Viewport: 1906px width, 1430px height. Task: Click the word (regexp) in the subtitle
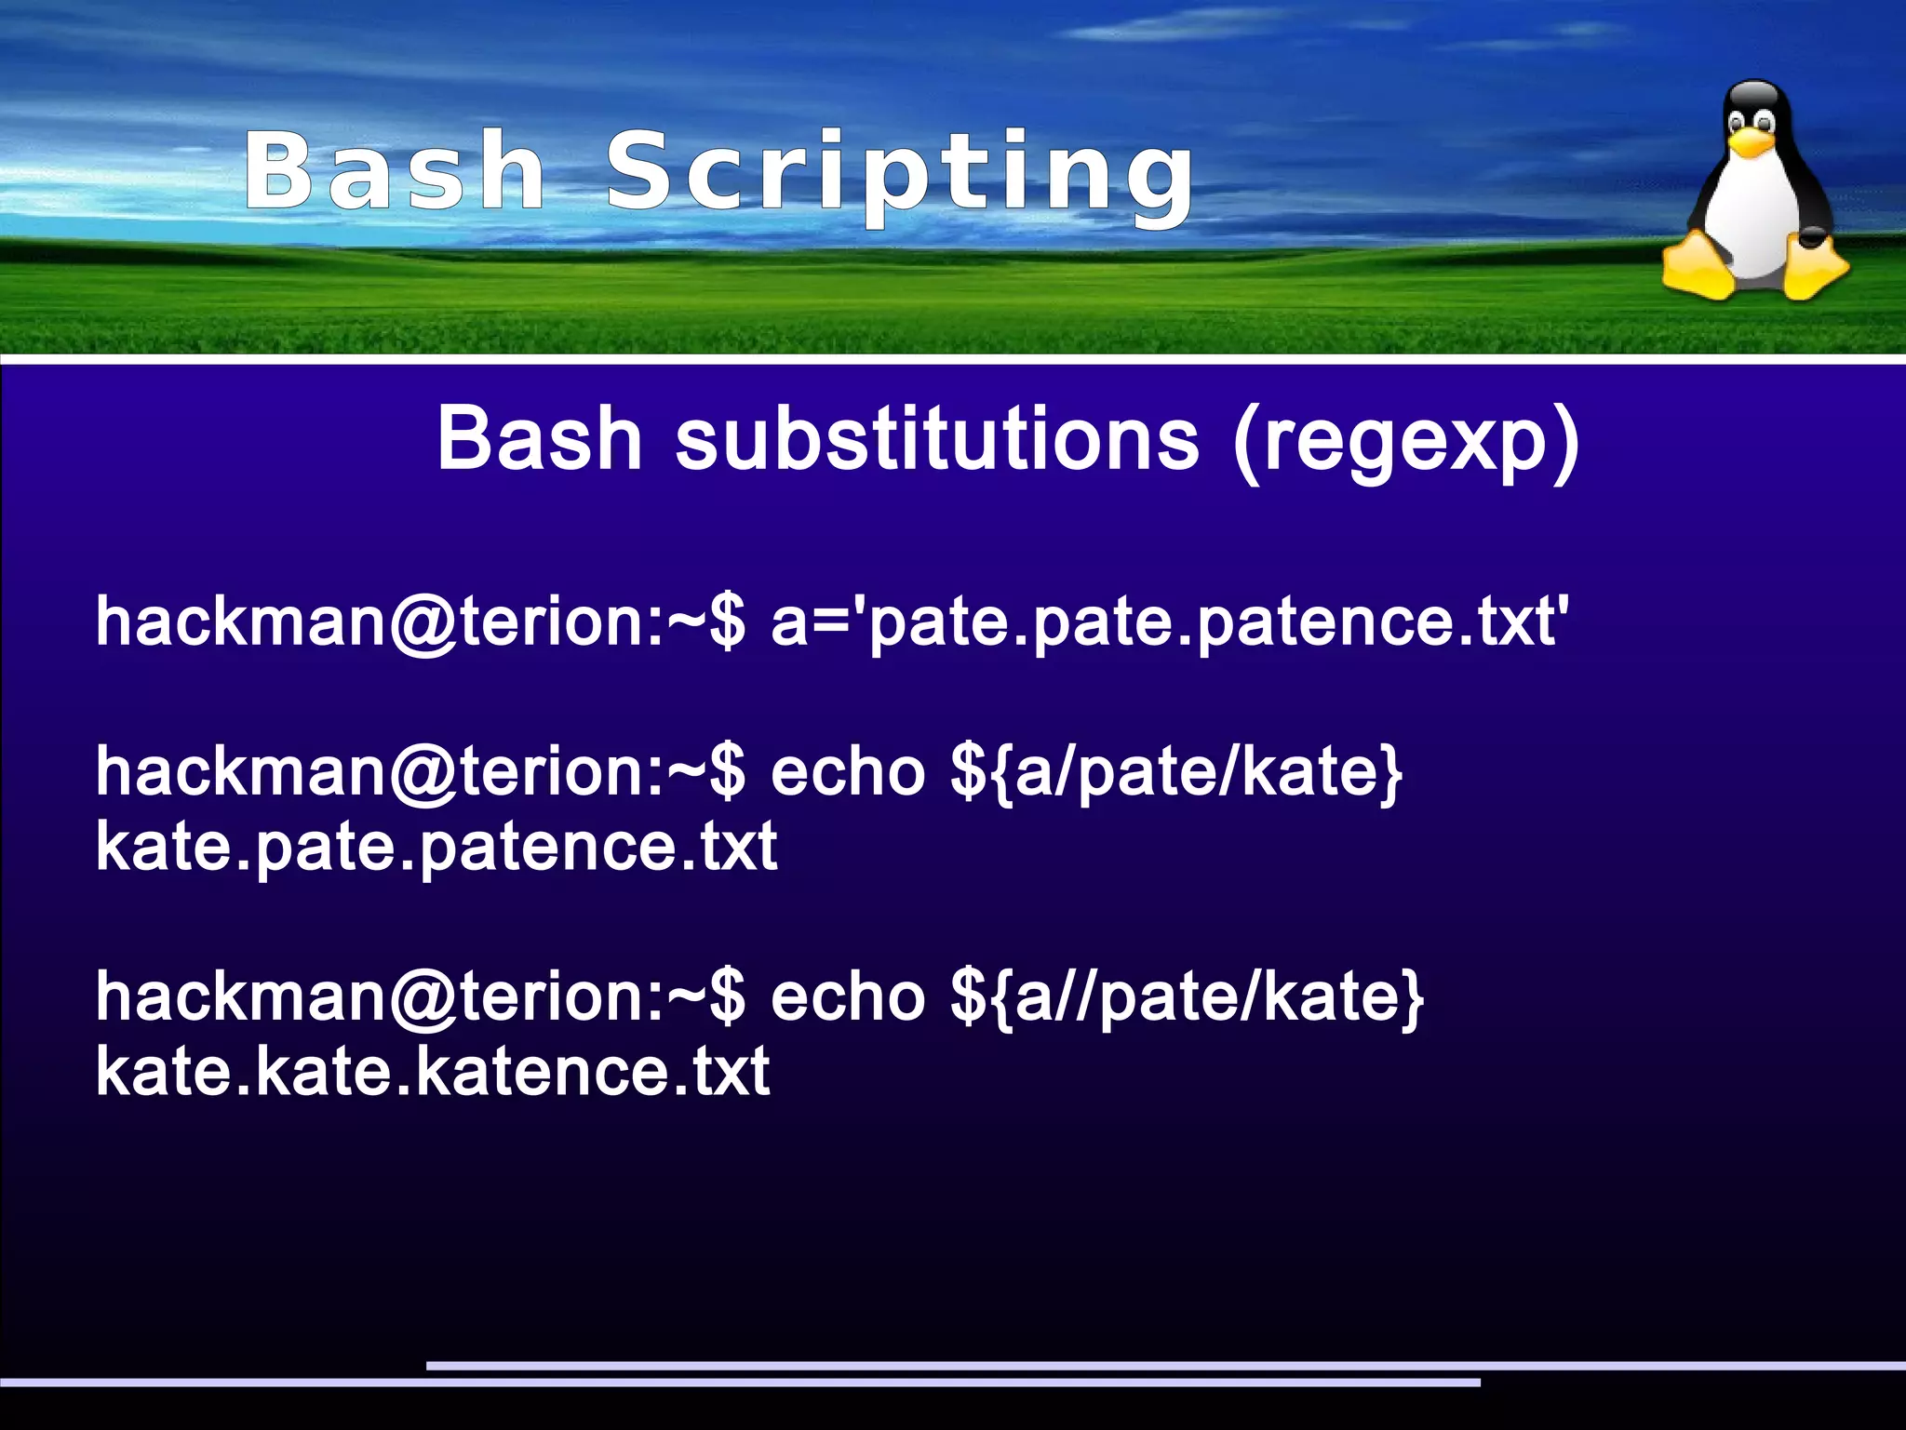(1405, 441)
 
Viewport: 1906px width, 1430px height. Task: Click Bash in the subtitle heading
(540, 439)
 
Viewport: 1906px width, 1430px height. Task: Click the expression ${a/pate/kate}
(1176, 772)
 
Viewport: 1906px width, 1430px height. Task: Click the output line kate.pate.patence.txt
(436, 848)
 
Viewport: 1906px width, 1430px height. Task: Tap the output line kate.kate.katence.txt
(433, 1073)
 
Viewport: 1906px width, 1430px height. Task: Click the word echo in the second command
(848, 772)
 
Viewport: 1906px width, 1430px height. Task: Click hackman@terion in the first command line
(368, 622)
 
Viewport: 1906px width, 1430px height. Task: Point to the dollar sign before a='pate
(727, 622)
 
